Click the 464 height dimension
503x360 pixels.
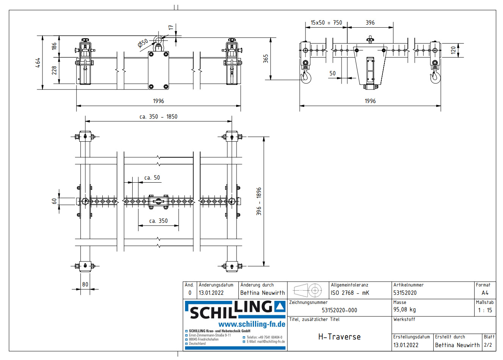click(x=38, y=63)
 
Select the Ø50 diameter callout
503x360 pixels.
click(x=143, y=43)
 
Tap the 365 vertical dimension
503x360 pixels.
click(x=266, y=58)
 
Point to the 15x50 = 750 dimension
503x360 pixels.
click(x=326, y=23)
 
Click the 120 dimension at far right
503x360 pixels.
click(x=453, y=50)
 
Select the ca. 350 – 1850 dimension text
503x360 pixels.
click(x=158, y=117)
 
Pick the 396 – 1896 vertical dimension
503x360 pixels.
click(x=259, y=201)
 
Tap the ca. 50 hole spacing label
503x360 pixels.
click(x=152, y=178)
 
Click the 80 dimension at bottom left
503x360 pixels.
click(x=85, y=284)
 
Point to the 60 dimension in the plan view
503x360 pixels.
click(x=54, y=201)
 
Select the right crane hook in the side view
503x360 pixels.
click(x=434, y=77)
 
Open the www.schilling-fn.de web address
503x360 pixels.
click(x=252, y=324)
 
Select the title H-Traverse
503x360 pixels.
click(x=339, y=337)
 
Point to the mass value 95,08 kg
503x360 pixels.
click(x=404, y=310)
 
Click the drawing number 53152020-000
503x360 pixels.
click(x=339, y=310)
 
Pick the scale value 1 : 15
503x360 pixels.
click(x=485, y=310)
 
